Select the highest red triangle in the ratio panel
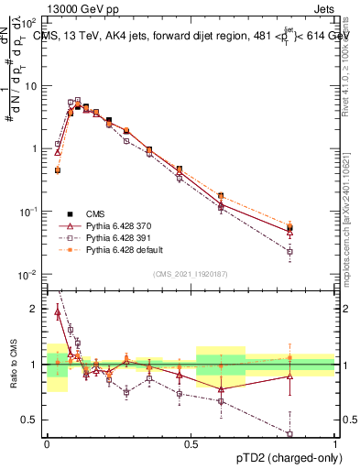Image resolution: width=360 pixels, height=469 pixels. click(x=58, y=312)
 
